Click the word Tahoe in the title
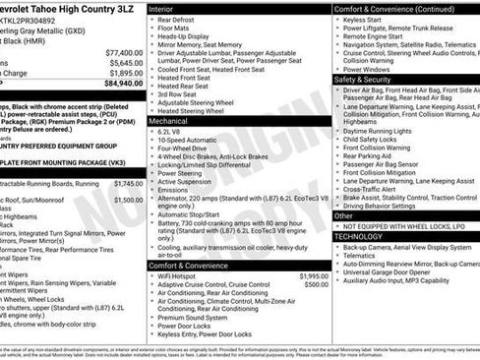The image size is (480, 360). [x=43, y=8]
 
